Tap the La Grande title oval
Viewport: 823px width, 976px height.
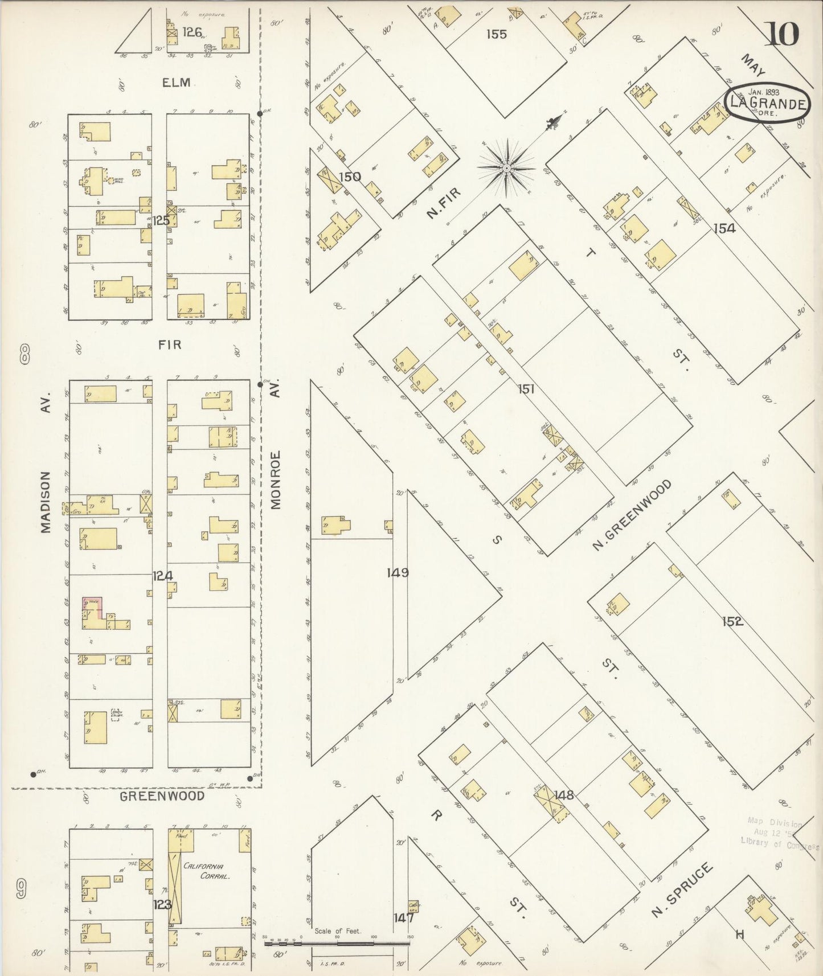point(768,102)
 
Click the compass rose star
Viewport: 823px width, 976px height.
point(506,168)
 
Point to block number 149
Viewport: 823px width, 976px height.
point(397,572)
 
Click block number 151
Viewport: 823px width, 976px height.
point(526,389)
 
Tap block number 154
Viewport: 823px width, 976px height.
point(724,228)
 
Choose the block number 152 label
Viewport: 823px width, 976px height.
point(732,621)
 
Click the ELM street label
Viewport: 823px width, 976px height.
point(176,83)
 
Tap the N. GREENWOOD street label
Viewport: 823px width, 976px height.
point(632,516)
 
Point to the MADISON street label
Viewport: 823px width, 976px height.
point(46,502)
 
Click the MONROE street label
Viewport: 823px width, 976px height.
point(276,480)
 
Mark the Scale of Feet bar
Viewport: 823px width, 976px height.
point(337,942)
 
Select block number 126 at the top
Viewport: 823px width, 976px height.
point(192,32)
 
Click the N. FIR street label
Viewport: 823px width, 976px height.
point(443,203)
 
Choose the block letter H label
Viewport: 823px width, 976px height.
point(740,934)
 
